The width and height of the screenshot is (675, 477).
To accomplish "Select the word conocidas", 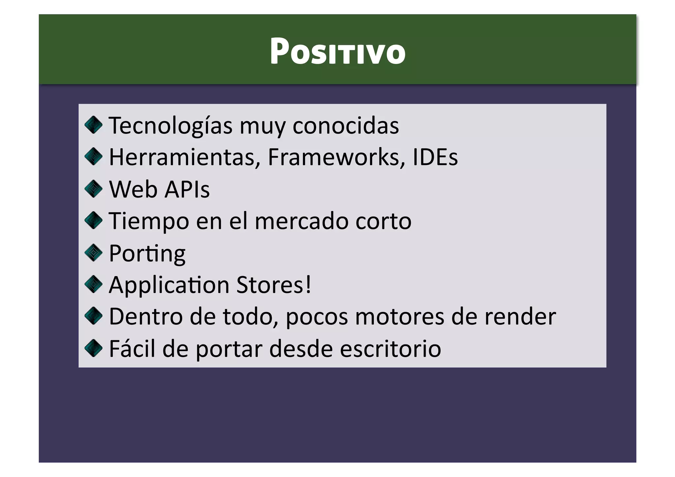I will tap(345, 126).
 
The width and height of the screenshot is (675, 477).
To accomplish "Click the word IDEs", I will tap(435, 157).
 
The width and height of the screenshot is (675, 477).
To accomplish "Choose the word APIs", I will tap(187, 190).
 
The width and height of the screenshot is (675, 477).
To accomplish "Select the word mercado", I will tap(301, 221).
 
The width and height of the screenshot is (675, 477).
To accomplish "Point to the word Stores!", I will tap(274, 285).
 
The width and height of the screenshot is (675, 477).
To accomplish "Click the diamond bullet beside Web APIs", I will tap(94, 189).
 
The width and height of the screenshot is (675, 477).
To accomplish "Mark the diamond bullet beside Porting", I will tap(94, 253).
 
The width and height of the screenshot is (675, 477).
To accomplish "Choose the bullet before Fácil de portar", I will tap(94, 348).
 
